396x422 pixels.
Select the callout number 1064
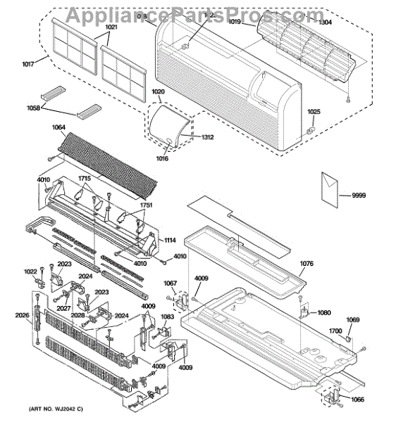point(58,127)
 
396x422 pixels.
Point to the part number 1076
point(306,264)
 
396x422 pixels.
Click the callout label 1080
point(323,312)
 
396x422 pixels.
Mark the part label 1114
point(170,241)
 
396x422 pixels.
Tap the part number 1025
point(314,112)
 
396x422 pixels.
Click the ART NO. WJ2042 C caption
point(56,409)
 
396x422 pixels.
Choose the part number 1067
point(170,283)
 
